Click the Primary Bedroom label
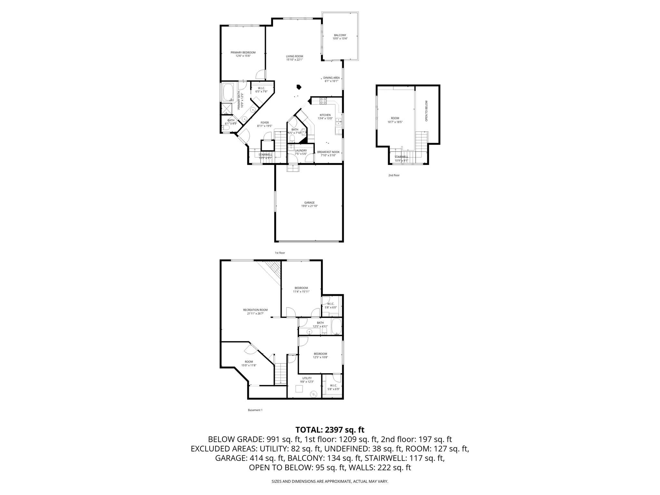pos(243,53)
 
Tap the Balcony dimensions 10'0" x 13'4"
pos(340,39)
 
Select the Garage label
pos(309,203)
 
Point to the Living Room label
pos(295,56)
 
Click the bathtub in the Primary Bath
pos(228,92)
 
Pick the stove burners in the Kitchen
pos(323,101)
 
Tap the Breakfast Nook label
pos(328,152)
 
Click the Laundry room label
pos(301,150)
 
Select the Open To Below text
pos(426,111)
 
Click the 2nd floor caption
pos(394,175)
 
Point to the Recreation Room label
pos(255,310)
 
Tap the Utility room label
pos(307,378)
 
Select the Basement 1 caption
pos(255,410)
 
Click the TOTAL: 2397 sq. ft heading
pos(330,430)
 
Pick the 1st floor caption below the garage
pos(280,253)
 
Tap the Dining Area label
pos(331,78)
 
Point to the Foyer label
pos(265,123)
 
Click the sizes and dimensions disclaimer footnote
pos(330,481)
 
